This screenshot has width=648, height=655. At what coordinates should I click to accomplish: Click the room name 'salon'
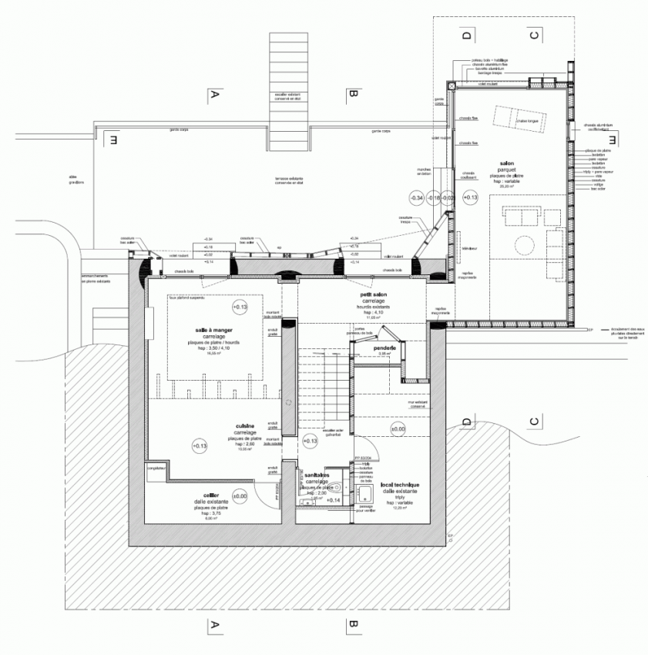click(507, 164)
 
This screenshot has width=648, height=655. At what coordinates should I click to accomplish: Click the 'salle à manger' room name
click(213, 330)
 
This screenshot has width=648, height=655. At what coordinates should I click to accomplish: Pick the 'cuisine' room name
click(245, 425)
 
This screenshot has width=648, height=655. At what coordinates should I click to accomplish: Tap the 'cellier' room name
click(212, 495)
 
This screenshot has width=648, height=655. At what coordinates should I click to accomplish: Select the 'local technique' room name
click(399, 485)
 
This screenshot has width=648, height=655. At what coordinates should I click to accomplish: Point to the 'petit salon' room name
click(374, 294)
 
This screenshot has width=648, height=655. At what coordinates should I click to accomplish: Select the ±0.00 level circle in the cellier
click(239, 497)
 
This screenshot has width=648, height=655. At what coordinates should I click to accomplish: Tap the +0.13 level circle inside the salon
click(470, 198)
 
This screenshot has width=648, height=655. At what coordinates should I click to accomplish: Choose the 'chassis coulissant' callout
click(469, 176)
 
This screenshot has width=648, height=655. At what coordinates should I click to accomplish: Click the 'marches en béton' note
click(423, 172)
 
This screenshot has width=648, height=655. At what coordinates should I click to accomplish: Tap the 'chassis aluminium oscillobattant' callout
click(597, 127)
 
